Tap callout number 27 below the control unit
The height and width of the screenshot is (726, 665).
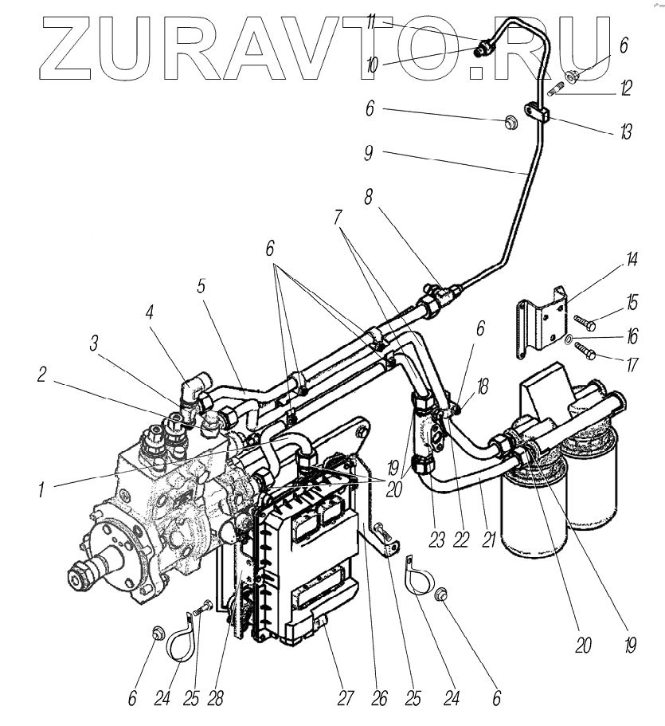click(344, 699)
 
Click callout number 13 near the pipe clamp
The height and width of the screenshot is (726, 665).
click(627, 131)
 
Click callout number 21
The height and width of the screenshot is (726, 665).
click(489, 539)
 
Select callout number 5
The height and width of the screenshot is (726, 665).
click(202, 285)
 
